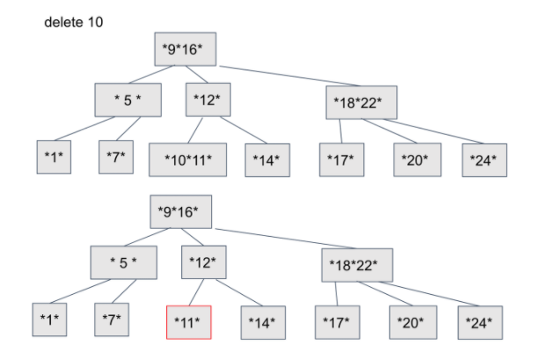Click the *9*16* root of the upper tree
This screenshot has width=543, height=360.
coord(184,49)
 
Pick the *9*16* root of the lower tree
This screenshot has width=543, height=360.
coord(180,211)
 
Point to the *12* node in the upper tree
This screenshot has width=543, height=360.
coord(208,99)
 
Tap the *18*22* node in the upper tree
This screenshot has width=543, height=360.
coord(361,101)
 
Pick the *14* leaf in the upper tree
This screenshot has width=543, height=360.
coord(266,159)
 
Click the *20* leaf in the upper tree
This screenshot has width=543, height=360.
coord(415,158)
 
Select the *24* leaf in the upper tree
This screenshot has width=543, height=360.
coord(485,158)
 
